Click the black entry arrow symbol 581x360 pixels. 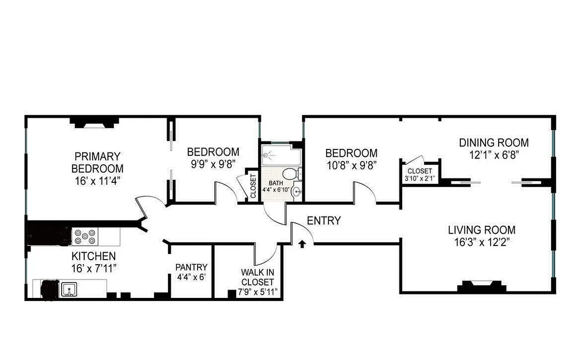click(x=302, y=244)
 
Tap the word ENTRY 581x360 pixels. click(x=324, y=221)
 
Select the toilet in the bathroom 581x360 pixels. click(x=290, y=173)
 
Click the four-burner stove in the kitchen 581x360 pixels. click(x=86, y=236)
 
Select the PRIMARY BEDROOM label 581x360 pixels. click(x=97, y=162)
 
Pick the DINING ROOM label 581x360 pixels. click(x=494, y=143)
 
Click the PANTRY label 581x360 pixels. click(x=191, y=267)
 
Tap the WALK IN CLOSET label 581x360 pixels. click(x=257, y=277)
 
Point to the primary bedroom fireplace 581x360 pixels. click(x=94, y=122)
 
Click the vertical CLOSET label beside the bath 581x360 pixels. click(x=252, y=186)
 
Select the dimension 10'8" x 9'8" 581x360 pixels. click(x=351, y=164)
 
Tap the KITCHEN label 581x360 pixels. click(x=94, y=256)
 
